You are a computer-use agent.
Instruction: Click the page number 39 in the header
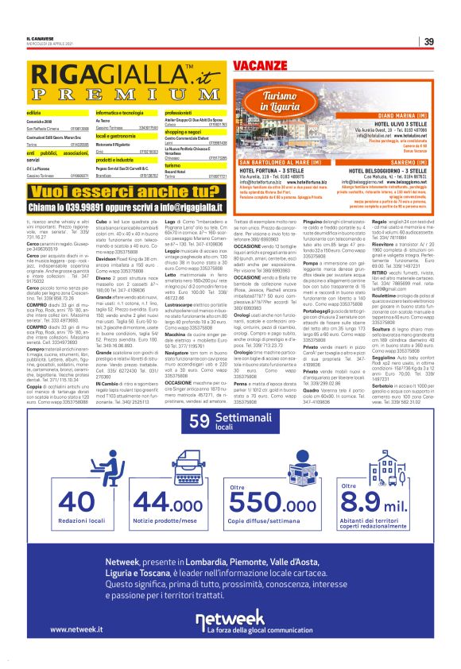[428, 42]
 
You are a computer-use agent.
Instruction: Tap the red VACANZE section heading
[260, 63]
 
